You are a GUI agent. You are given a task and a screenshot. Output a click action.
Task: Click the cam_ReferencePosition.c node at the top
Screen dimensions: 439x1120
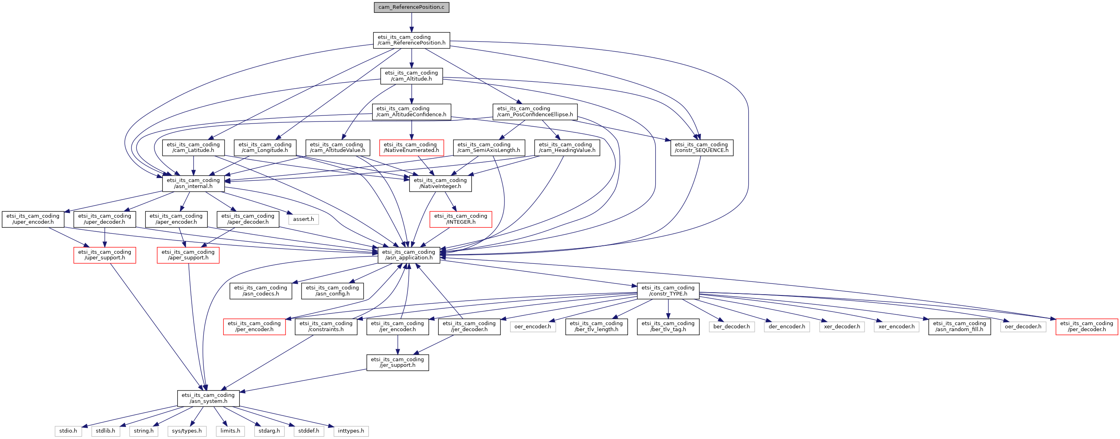(411, 7)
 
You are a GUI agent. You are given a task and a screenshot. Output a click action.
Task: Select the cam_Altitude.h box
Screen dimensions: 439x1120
(411, 76)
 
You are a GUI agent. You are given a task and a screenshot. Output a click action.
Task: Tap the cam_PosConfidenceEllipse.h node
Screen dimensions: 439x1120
(535, 112)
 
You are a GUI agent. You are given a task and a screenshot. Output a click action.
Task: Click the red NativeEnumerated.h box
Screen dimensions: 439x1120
(411, 148)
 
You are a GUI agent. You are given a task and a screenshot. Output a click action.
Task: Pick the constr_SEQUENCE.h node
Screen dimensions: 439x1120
(701, 148)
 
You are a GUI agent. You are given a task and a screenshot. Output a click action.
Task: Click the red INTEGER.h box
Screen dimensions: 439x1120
(460, 219)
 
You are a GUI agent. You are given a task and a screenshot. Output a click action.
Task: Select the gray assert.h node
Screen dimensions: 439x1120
(303, 219)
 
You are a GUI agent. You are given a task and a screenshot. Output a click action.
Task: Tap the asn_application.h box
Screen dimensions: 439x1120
(409, 255)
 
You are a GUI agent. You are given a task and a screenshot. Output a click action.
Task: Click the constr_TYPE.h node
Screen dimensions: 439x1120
(668, 291)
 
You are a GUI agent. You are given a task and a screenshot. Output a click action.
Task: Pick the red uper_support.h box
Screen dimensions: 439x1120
(104, 255)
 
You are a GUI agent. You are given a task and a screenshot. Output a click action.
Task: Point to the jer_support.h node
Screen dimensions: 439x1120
(397, 362)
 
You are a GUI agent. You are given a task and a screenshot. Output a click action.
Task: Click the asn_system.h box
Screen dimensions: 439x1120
(208, 398)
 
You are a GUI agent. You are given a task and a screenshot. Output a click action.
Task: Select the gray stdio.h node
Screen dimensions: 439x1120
(68, 431)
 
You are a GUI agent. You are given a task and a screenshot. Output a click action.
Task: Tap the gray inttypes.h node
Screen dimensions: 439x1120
(351, 431)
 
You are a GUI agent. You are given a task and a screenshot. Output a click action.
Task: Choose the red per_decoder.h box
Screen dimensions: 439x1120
(1087, 326)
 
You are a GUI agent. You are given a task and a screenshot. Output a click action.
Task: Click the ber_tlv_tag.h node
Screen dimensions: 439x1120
(668, 326)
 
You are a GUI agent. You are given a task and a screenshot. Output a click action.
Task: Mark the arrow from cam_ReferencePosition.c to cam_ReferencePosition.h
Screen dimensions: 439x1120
(411, 22)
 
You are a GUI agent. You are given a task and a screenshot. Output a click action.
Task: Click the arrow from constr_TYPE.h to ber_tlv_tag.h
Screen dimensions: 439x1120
(668, 309)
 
